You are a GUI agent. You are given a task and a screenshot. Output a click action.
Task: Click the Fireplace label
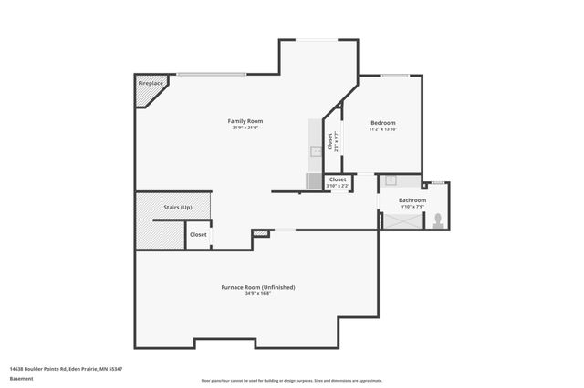[x=151, y=84]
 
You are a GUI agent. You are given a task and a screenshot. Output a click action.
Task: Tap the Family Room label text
[x=245, y=121]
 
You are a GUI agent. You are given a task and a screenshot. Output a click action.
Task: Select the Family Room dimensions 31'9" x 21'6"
[x=245, y=128]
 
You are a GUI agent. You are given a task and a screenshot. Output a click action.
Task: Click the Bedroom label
[x=382, y=122]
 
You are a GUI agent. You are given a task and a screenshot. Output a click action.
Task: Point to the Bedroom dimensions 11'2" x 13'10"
[x=383, y=129]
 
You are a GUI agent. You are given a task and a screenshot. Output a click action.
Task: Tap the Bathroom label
[x=412, y=199]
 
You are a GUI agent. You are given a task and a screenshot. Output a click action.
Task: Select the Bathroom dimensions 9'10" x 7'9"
[x=412, y=207]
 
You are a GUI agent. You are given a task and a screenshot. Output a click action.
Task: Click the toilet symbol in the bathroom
[x=438, y=220]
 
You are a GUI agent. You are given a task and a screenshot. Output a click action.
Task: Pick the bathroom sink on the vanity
[x=391, y=180]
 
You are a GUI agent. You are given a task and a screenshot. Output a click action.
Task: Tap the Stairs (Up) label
[x=177, y=208]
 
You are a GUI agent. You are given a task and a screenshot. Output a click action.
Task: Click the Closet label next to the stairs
[x=198, y=234]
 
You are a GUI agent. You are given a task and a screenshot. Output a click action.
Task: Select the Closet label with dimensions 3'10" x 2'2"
[x=338, y=179]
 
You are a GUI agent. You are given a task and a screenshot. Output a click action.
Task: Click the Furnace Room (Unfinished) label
[x=257, y=287]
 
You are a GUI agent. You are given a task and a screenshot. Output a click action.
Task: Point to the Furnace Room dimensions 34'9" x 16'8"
[x=257, y=293]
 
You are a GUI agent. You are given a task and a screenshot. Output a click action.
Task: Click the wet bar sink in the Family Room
[x=314, y=150]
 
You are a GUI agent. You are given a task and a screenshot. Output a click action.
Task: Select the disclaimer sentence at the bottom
[x=292, y=380]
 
